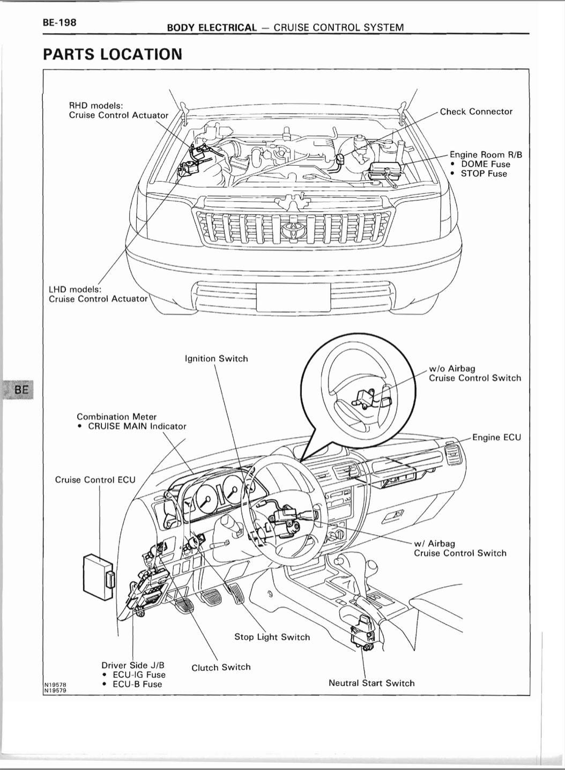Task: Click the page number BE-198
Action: click(x=60, y=23)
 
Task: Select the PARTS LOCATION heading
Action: click(x=113, y=54)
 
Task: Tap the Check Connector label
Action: click(x=476, y=112)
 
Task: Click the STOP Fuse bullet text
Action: click(x=484, y=174)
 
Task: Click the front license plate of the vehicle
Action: click(x=293, y=297)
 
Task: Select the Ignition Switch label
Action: click(x=216, y=358)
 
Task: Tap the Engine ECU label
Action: click(x=496, y=438)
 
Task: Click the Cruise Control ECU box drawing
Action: click(x=98, y=577)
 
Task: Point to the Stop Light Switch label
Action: click(x=272, y=637)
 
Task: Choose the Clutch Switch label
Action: click(x=221, y=668)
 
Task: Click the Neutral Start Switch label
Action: click(x=371, y=683)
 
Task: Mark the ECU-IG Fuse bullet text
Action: click(x=139, y=675)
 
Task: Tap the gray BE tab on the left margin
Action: click(x=19, y=389)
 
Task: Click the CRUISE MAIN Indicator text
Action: click(x=137, y=426)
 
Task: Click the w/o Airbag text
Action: click(x=452, y=368)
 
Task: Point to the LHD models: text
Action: click(x=75, y=290)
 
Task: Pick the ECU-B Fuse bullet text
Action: click(x=137, y=684)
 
